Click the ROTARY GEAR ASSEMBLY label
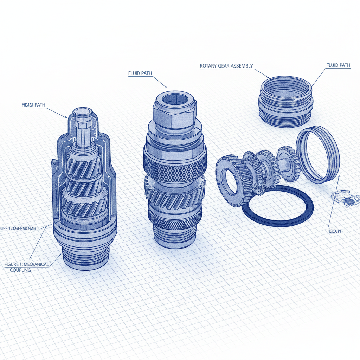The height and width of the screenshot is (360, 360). point(226,66)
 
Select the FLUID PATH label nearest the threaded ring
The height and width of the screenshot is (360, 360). point(338,65)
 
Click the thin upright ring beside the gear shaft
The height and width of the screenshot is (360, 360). point(317,155)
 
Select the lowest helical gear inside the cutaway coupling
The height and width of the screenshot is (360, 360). point(84,207)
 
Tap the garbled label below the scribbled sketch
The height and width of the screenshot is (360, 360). point(335,232)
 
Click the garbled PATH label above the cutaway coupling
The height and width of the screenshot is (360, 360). point(33,105)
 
